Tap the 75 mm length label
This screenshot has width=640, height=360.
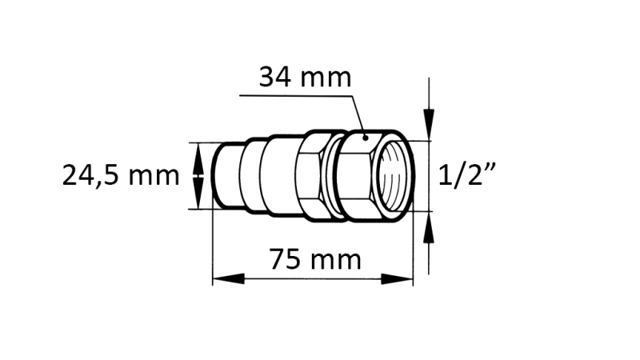314,259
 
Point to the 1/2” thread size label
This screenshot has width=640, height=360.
469,176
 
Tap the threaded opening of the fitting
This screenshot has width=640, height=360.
395,176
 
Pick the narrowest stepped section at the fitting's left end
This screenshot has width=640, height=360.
228,176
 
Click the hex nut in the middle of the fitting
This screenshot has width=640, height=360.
307,176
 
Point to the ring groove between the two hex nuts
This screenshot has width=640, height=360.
331,176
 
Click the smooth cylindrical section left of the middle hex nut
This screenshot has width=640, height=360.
277,176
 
